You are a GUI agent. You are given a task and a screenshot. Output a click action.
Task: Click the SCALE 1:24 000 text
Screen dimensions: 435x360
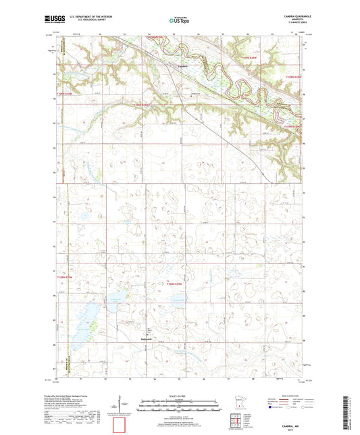[x=180, y=396]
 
